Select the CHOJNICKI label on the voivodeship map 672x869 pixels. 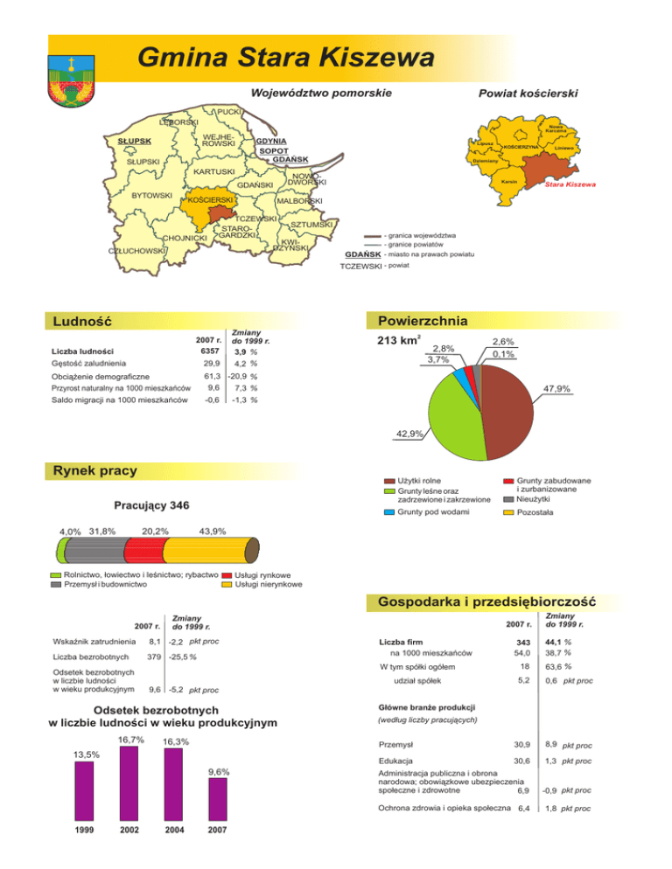[x=185, y=237]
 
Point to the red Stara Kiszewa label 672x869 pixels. [x=570, y=185]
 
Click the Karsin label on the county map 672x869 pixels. [x=507, y=181]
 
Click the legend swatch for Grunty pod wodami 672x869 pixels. [x=390, y=512]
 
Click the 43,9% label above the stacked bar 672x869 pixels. [x=213, y=532]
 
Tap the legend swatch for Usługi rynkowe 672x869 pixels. [x=227, y=574]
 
